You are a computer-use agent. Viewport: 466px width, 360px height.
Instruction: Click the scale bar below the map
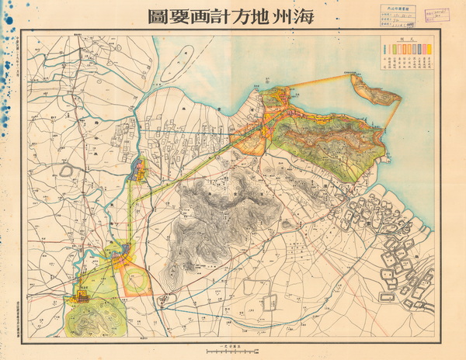click(x=232, y=347)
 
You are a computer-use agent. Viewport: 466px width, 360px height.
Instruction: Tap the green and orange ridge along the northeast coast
click(x=334, y=136)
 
